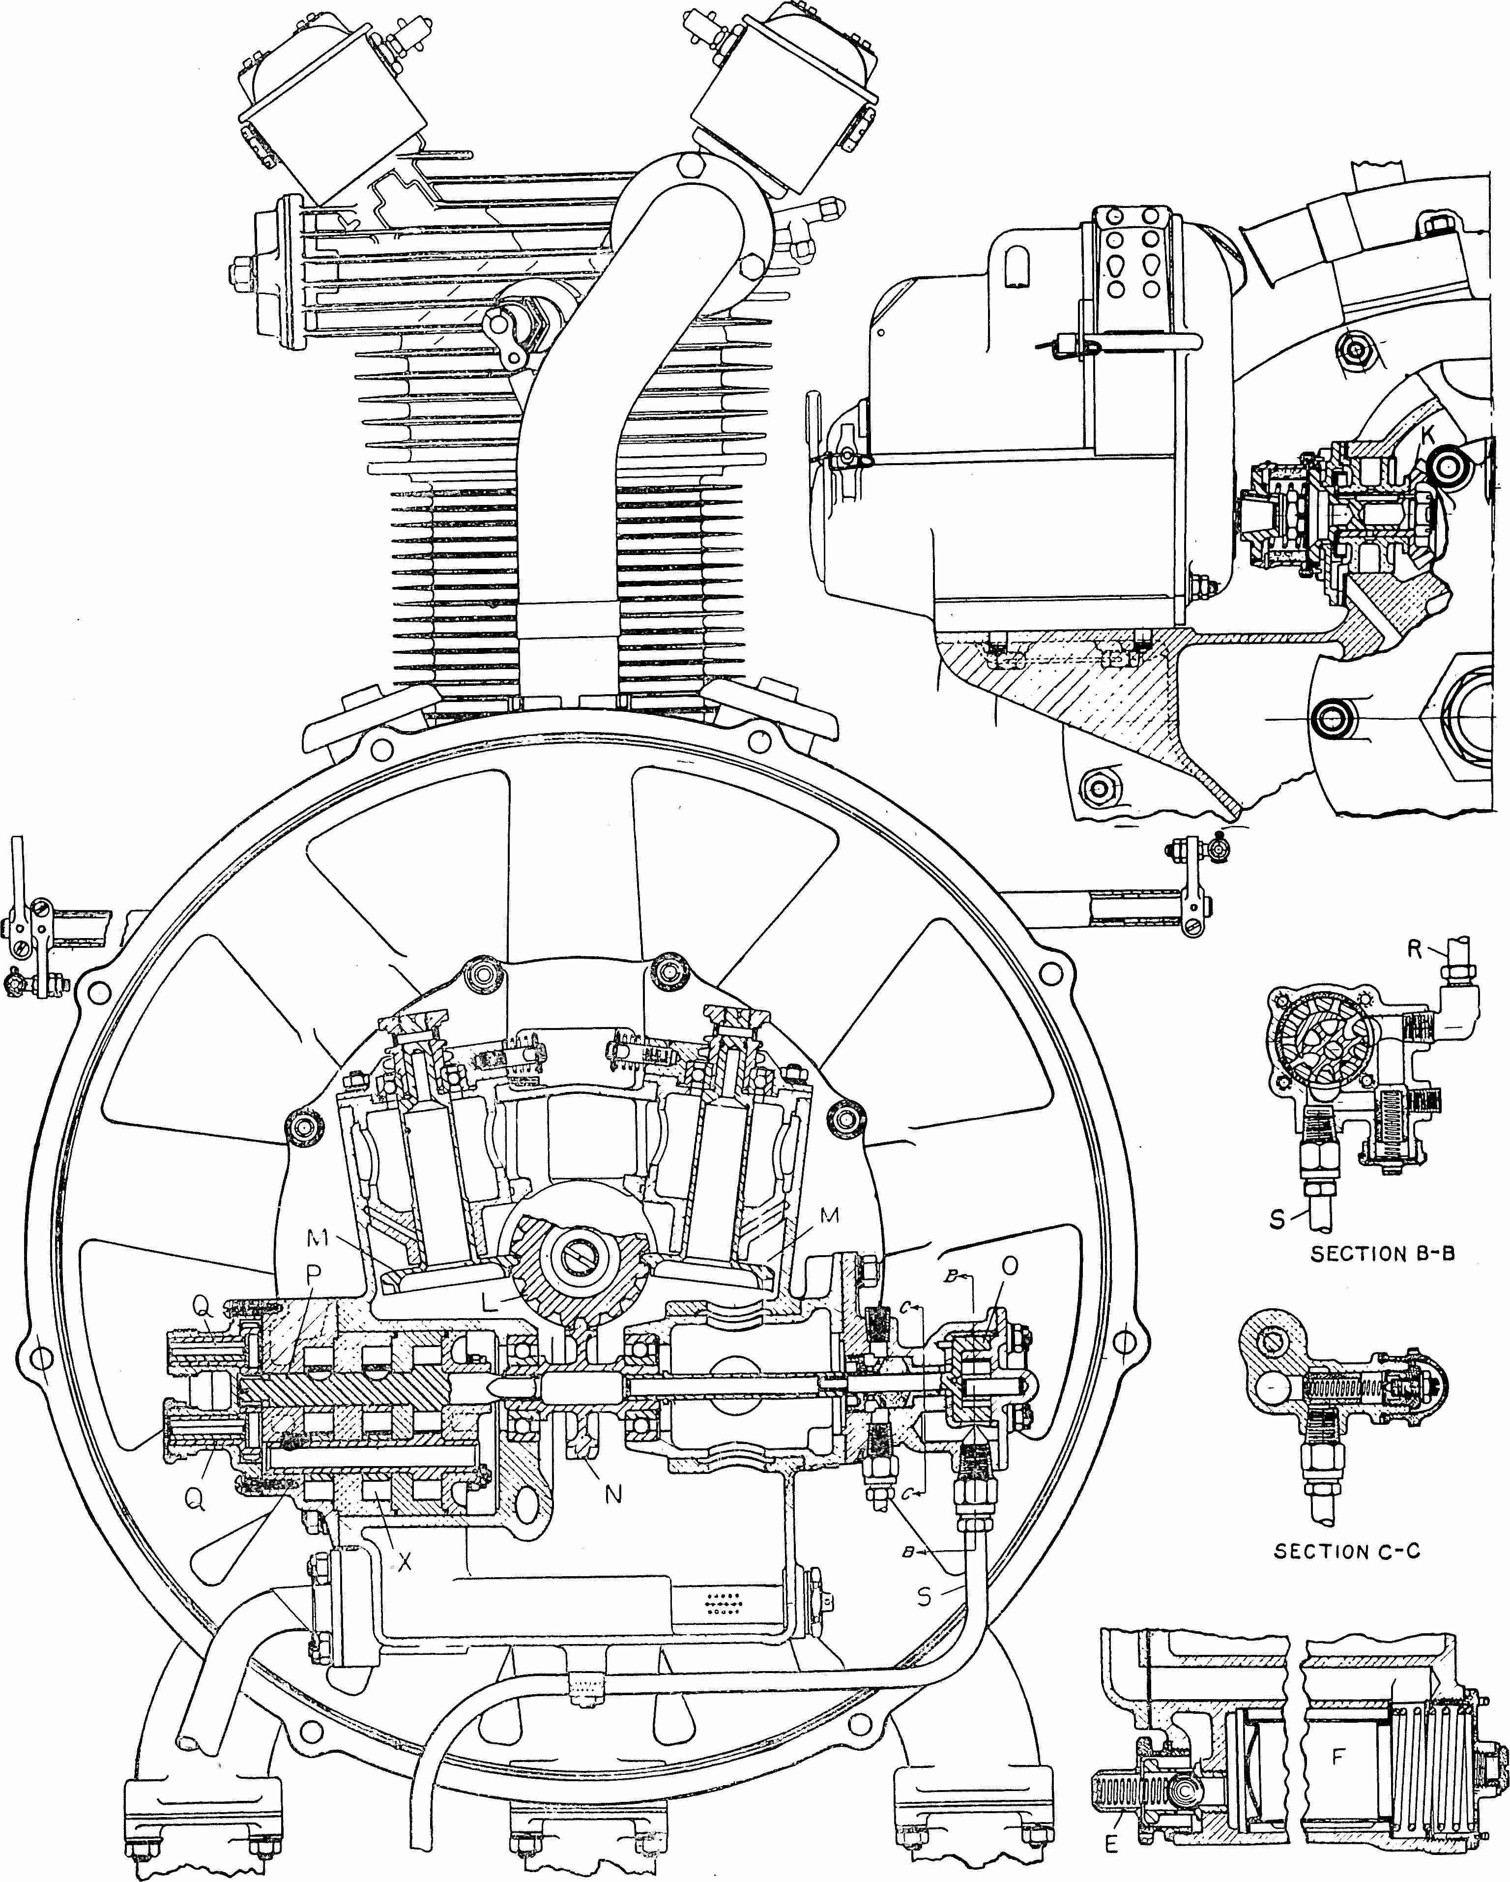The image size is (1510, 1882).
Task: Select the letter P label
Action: [314, 1274]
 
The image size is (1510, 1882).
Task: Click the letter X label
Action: [404, 1561]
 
